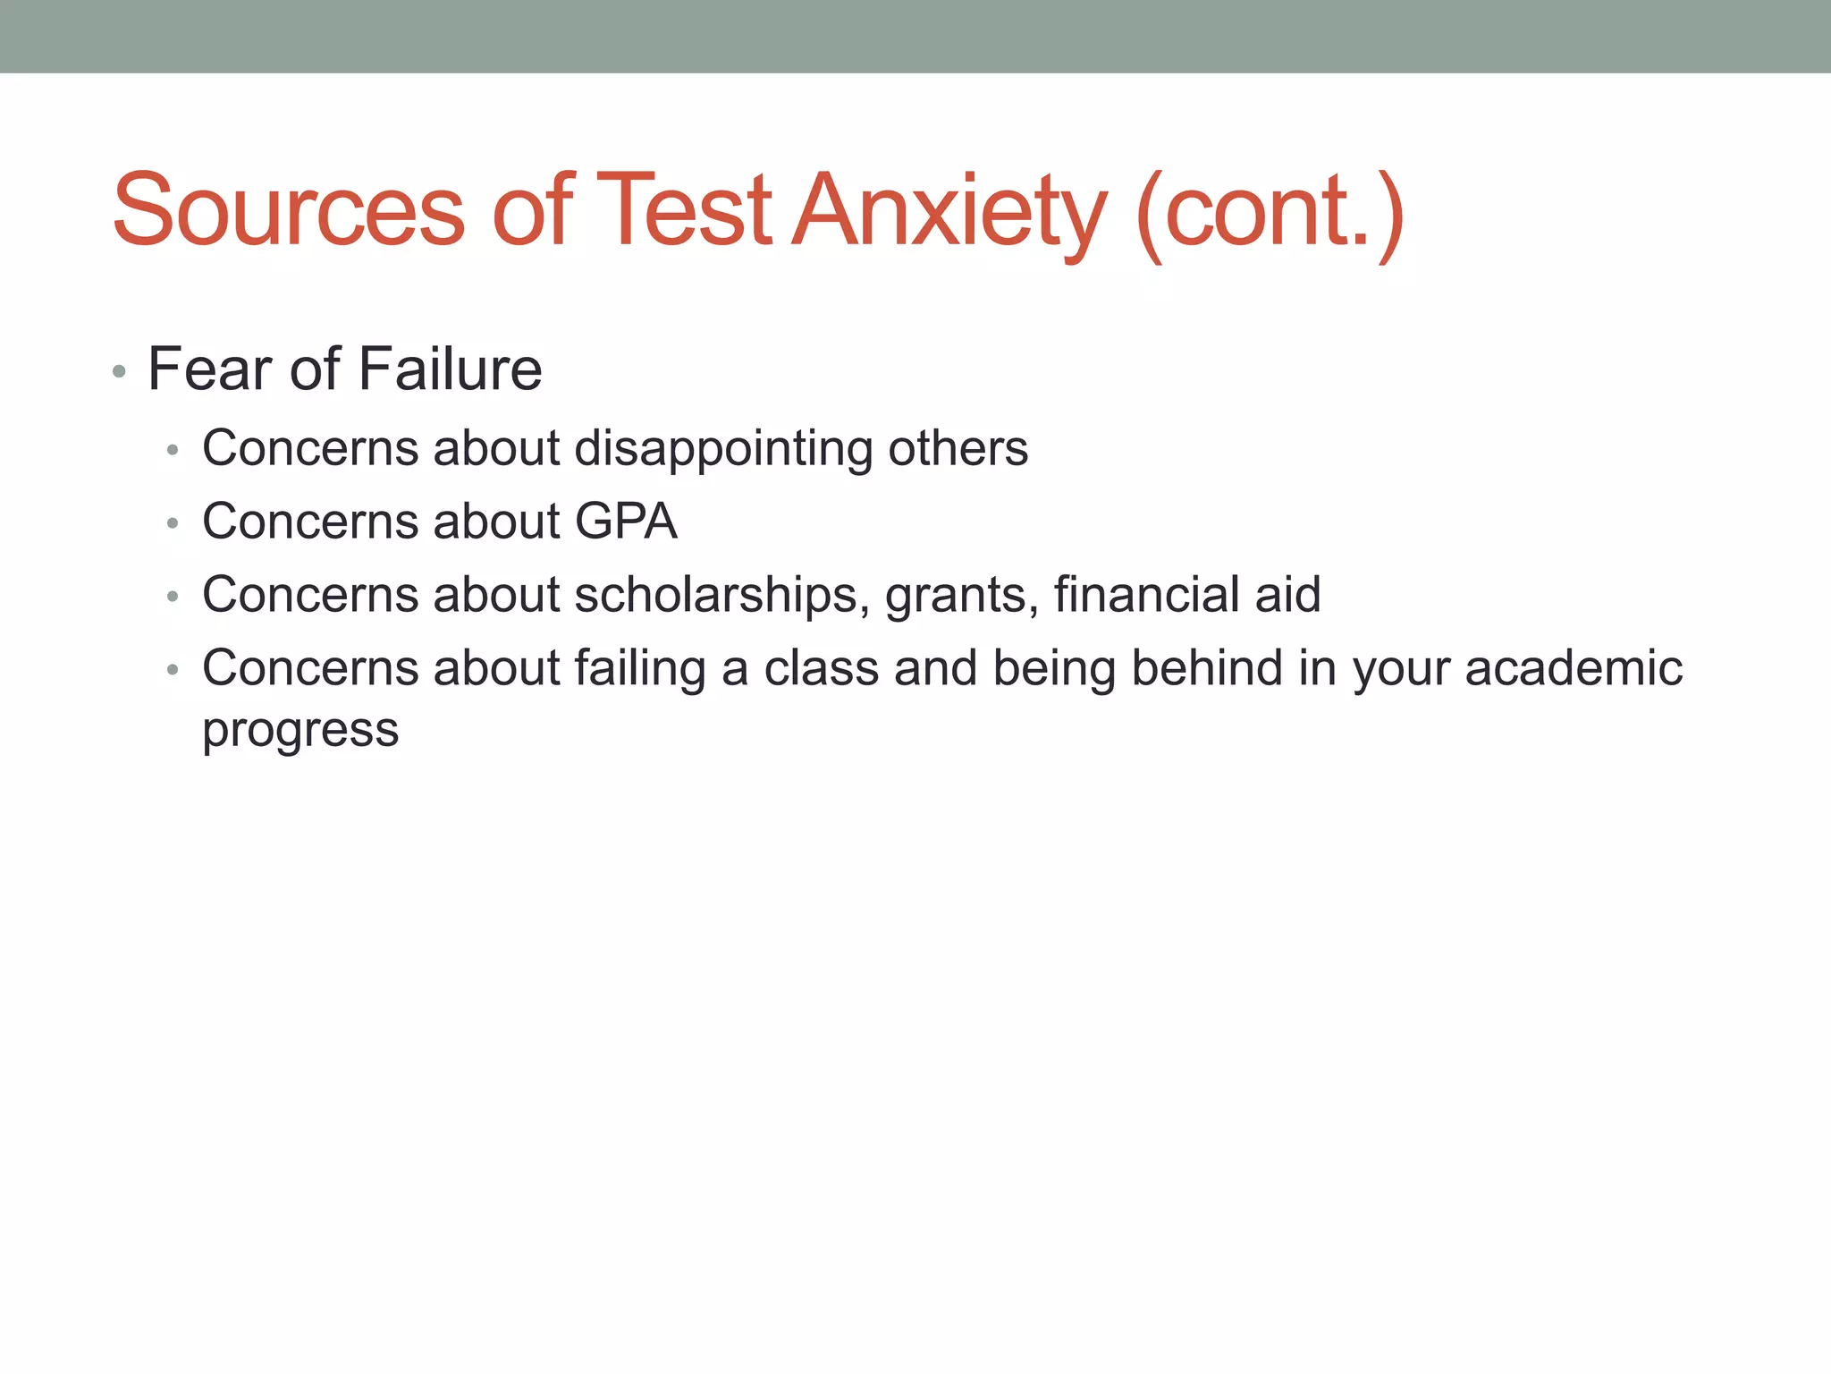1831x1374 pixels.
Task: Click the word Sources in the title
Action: coord(289,210)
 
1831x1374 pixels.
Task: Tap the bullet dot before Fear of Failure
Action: coord(119,371)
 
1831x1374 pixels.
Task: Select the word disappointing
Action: coord(723,449)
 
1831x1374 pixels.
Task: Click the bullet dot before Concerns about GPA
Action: coord(173,523)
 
